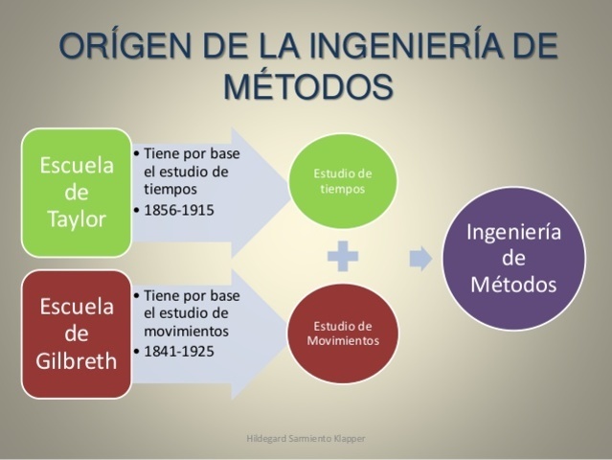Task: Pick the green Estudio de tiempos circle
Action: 343,180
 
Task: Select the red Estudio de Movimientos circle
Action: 343,333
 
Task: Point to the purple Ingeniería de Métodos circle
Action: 513,259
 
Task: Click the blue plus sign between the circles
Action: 342,257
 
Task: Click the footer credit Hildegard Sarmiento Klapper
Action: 306,440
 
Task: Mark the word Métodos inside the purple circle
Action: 513,285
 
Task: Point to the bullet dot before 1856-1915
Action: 137,210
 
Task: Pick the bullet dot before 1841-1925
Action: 137,351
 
